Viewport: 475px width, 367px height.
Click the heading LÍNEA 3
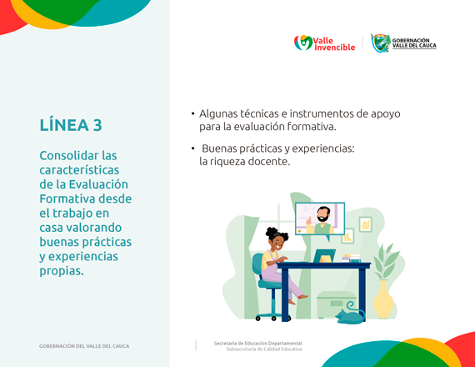[x=71, y=125]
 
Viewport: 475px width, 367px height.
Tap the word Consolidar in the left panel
[x=69, y=155]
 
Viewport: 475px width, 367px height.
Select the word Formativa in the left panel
[x=68, y=199]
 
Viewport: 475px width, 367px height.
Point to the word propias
[x=61, y=270]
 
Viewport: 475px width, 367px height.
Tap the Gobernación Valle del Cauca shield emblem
[x=380, y=43]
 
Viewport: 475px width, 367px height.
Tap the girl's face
[x=275, y=245]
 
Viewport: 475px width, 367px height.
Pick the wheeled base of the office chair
[x=269, y=314]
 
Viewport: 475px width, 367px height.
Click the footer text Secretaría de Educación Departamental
[x=257, y=343]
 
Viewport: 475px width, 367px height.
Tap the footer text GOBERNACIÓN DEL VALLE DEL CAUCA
[x=84, y=345]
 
